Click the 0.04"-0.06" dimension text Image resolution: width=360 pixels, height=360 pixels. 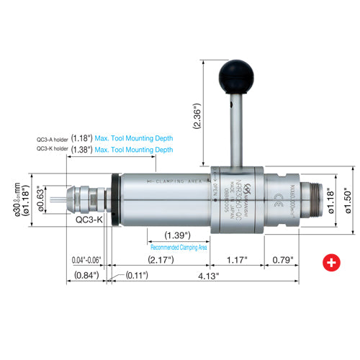click(x=87, y=259)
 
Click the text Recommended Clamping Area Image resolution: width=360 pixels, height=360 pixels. click(x=179, y=247)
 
